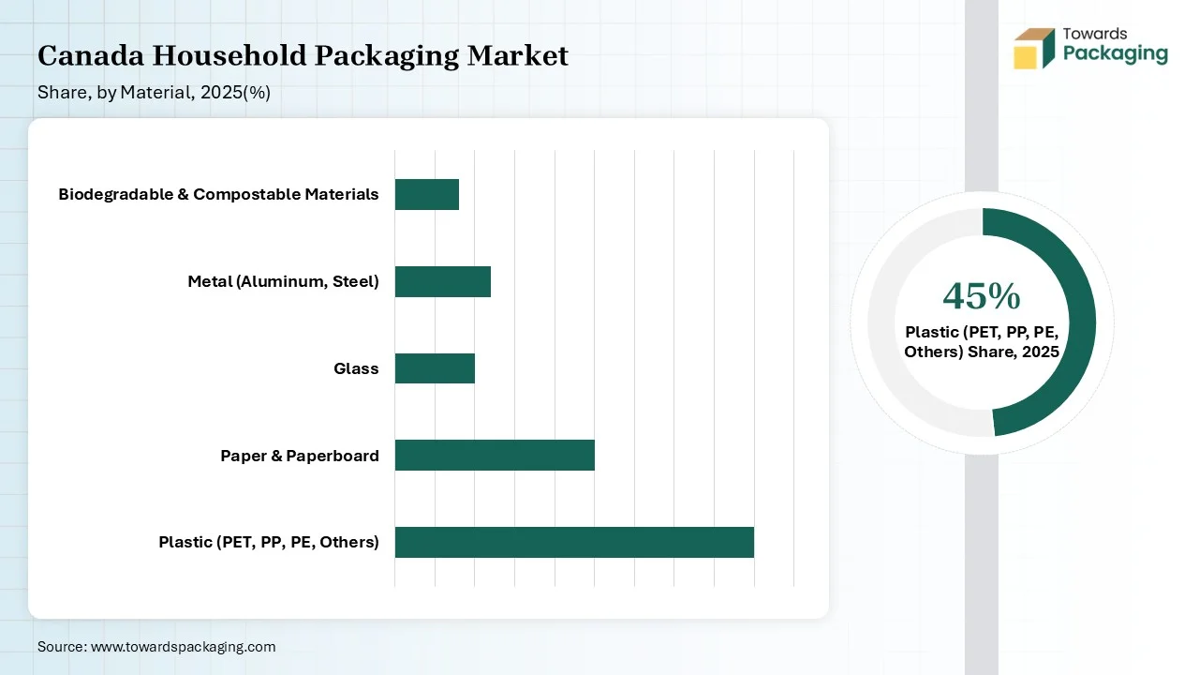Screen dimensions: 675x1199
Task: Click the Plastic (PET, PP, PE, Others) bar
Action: tap(574, 542)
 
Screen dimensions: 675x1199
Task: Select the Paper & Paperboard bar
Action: tap(495, 456)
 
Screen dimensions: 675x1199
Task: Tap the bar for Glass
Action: tap(435, 368)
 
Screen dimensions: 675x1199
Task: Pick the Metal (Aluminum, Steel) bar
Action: tap(442, 281)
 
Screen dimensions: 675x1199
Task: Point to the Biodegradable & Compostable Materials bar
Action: tap(426, 194)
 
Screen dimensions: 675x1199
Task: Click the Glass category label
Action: tap(356, 368)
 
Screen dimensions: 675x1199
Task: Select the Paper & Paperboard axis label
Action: tap(300, 456)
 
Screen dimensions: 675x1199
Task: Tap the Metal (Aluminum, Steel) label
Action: tap(283, 281)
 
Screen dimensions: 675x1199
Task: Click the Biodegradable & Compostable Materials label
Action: tap(218, 194)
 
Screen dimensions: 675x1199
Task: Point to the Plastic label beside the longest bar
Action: tap(269, 542)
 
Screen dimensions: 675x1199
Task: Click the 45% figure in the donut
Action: tap(981, 296)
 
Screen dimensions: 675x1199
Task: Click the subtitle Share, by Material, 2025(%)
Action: tap(154, 93)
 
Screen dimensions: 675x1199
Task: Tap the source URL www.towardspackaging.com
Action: tap(183, 647)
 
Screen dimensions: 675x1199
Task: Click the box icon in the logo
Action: tap(1034, 48)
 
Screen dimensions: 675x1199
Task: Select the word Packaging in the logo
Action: tap(1116, 53)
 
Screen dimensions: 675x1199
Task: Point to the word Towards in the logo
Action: tap(1095, 34)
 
